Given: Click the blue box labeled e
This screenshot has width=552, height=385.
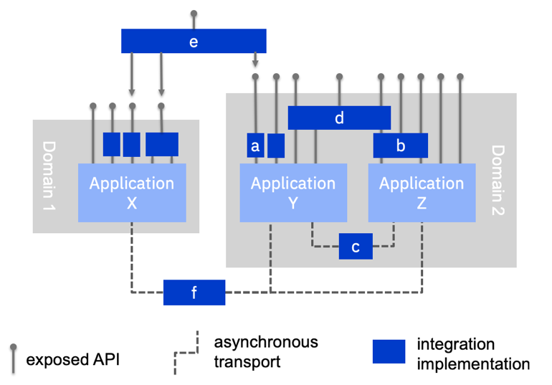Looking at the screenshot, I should point(194,41).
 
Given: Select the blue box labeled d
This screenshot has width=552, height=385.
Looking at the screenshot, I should point(339,118).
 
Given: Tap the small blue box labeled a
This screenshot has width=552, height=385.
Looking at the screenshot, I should point(255,146).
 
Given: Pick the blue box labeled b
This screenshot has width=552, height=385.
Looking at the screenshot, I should point(400,146).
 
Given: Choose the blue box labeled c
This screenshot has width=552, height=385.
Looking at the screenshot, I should point(356,246).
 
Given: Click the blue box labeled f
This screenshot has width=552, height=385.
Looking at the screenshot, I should point(194,293).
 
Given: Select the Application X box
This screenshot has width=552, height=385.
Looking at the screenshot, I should point(132,193).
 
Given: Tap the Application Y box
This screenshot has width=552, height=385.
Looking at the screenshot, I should point(292,193).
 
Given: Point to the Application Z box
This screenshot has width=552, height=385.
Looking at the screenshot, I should point(422,193).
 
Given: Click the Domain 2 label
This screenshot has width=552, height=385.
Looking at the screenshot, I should point(499,180).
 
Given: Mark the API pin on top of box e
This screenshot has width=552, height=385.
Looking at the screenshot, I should point(194,14).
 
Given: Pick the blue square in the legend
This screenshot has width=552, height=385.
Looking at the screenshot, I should point(389,352).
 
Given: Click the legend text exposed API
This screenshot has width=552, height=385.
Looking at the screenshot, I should point(73,359).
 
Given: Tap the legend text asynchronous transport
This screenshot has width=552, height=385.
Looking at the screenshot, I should point(265,351).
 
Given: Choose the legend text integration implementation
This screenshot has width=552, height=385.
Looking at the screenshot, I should point(473,354).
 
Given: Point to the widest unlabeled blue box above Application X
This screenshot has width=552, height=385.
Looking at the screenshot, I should point(162,144).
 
